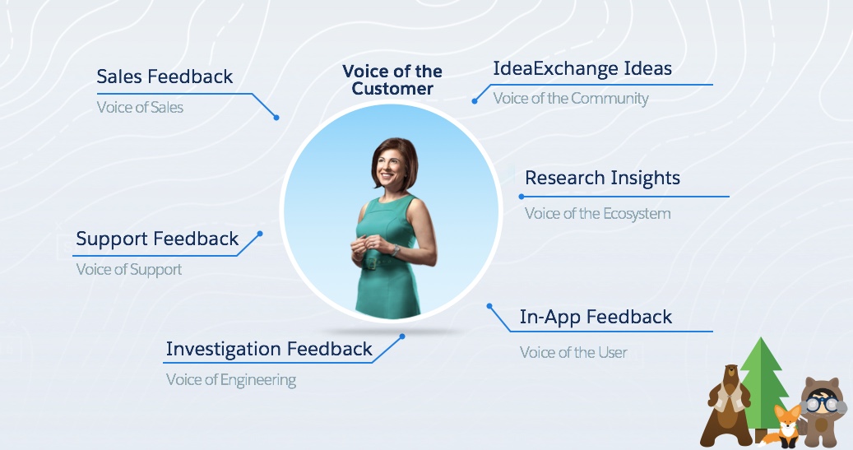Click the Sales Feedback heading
165,77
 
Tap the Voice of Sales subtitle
140,107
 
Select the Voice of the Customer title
392,80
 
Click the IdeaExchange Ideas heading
582,68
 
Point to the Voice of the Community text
571,99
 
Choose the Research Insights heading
602,178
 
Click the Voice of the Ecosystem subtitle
597,213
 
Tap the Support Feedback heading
157,239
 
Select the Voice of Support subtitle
129,269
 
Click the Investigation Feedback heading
269,349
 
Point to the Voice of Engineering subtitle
230,380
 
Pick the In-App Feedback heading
596,317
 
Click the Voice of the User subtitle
573,353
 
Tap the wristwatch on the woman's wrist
396,250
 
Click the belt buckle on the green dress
370,263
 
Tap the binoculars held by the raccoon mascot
824,404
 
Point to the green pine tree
763,387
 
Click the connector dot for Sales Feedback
276,118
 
